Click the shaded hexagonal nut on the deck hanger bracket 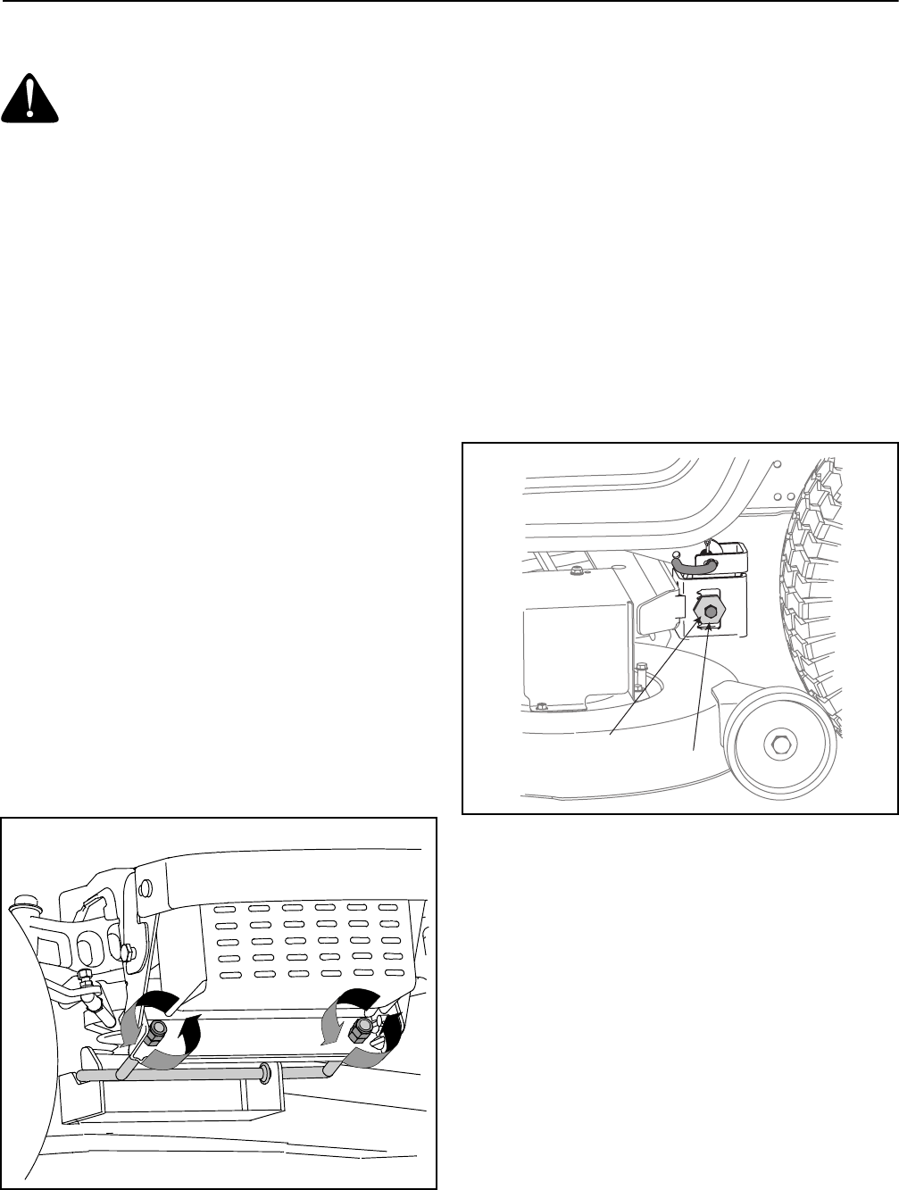[x=709, y=614]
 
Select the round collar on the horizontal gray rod [x=264, y=1071]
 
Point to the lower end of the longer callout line [x=610, y=734]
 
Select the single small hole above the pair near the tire [x=778, y=464]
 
